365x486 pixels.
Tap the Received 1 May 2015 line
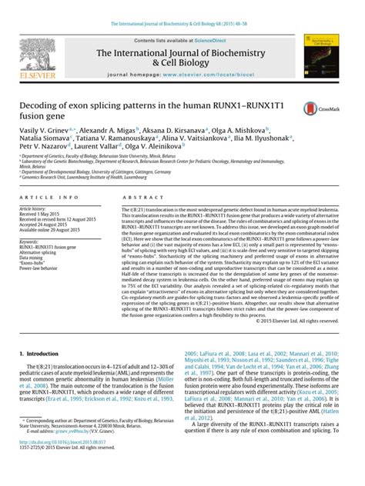coord(39,213)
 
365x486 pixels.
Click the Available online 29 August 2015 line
coord(50,229)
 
